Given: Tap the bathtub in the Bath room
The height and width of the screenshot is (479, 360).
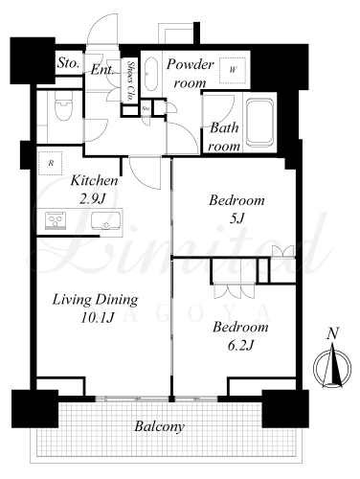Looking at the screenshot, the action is point(259,123).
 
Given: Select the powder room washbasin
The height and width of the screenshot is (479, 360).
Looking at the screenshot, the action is point(150,75).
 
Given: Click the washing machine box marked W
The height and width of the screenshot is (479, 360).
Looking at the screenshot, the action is point(233,70).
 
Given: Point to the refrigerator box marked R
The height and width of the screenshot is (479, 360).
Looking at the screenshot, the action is point(51,163).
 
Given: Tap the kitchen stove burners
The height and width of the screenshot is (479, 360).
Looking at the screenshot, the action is point(56,220).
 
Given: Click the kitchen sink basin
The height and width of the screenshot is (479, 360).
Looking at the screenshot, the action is point(106,221).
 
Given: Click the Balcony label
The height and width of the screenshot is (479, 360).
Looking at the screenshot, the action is point(159,426).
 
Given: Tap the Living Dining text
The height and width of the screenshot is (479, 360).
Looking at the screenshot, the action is point(95,300).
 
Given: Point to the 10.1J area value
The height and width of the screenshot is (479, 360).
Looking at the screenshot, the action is point(97,318).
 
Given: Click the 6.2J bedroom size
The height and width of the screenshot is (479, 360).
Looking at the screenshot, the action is point(240,345).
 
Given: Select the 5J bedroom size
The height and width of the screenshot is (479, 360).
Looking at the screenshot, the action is point(236,218).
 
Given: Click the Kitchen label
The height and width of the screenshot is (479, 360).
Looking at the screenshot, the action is point(94,180).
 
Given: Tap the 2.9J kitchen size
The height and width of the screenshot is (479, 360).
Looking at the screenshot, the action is point(92,199).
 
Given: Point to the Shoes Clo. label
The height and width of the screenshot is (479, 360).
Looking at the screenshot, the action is point(130,80).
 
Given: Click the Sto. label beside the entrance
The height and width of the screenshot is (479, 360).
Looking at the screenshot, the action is point(68,63).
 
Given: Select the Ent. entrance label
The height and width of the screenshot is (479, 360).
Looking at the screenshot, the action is point(102,69).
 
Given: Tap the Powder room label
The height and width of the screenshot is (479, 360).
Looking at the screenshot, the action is point(190,74).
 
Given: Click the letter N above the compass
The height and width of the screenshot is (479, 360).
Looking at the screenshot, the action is point(332,333).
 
